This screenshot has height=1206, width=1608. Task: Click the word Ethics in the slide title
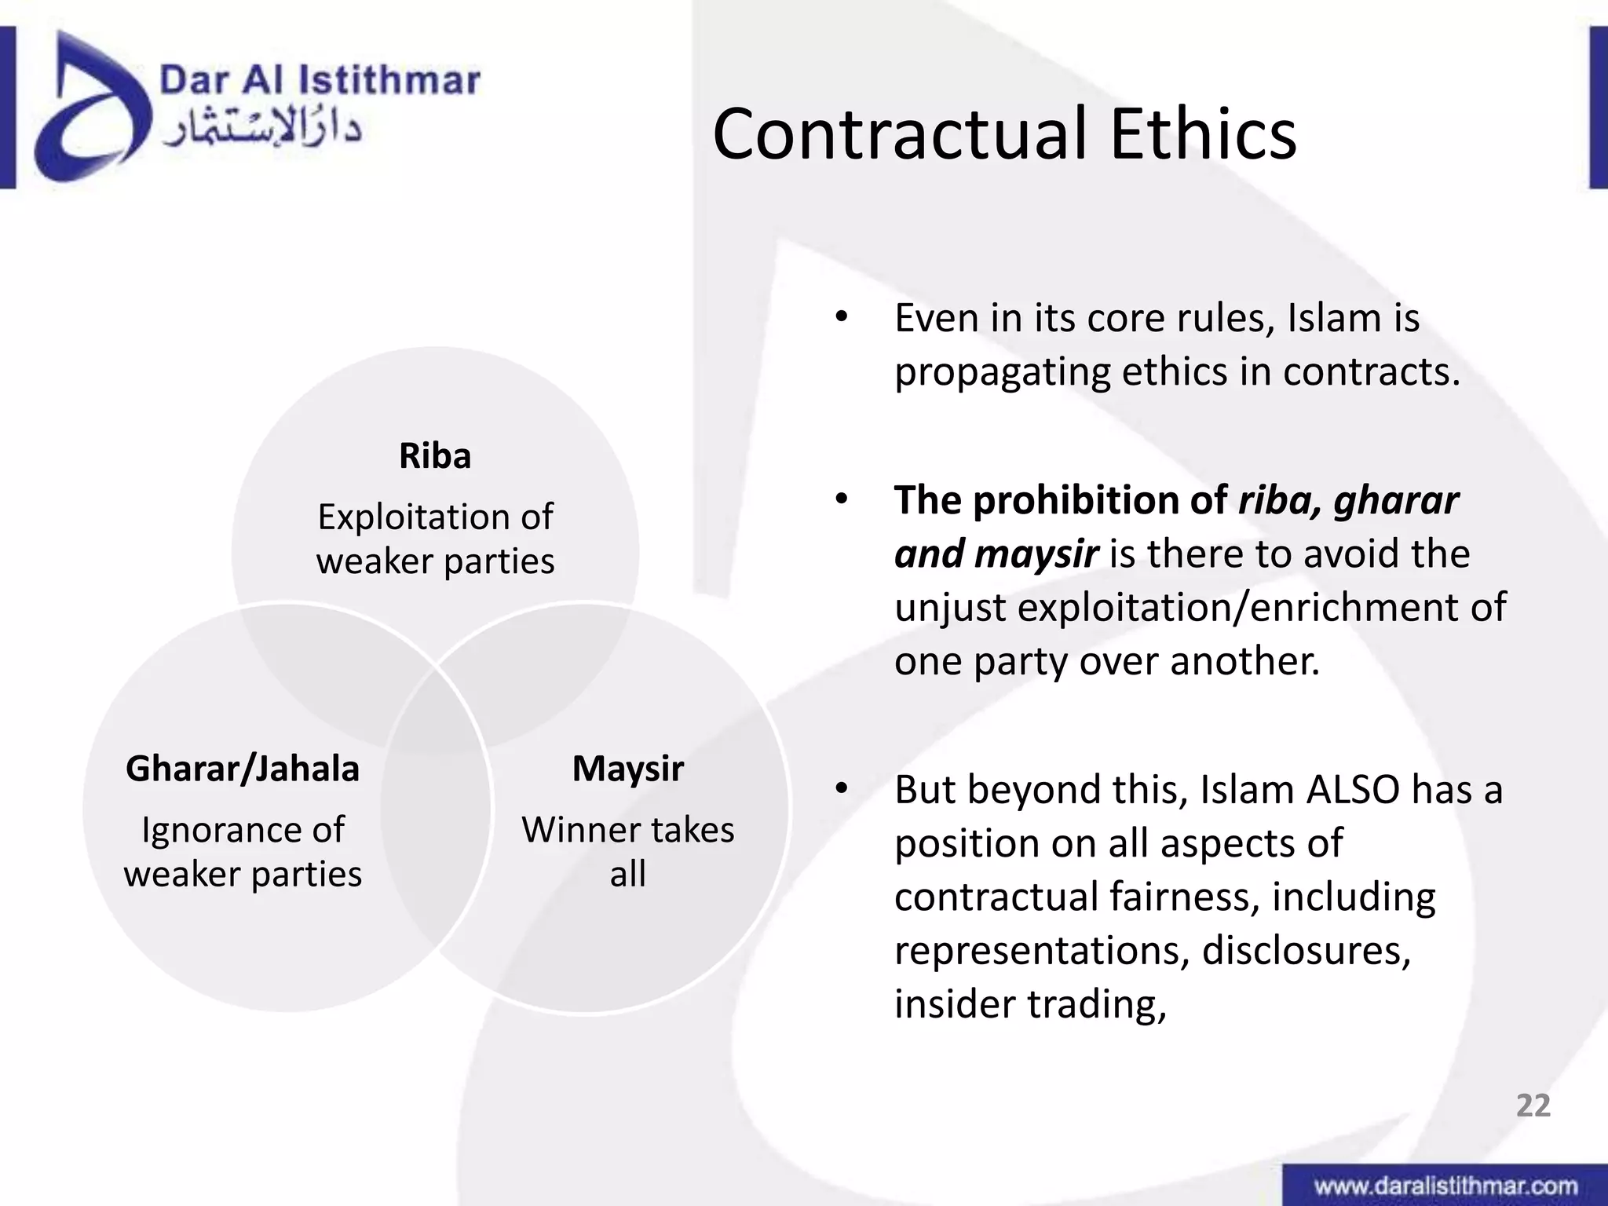(x=1202, y=135)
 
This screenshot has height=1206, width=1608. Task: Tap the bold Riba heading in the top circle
(x=435, y=456)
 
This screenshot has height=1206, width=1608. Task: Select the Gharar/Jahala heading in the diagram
(x=243, y=769)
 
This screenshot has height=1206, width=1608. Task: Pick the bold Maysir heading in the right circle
(x=627, y=769)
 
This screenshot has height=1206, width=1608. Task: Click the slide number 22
(x=1533, y=1105)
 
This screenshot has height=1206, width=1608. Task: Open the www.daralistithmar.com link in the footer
(x=1445, y=1186)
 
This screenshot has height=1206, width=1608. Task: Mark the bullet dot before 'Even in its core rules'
(x=842, y=318)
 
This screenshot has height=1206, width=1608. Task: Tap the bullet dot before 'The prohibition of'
(x=842, y=499)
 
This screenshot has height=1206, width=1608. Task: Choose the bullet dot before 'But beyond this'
(x=842, y=788)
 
